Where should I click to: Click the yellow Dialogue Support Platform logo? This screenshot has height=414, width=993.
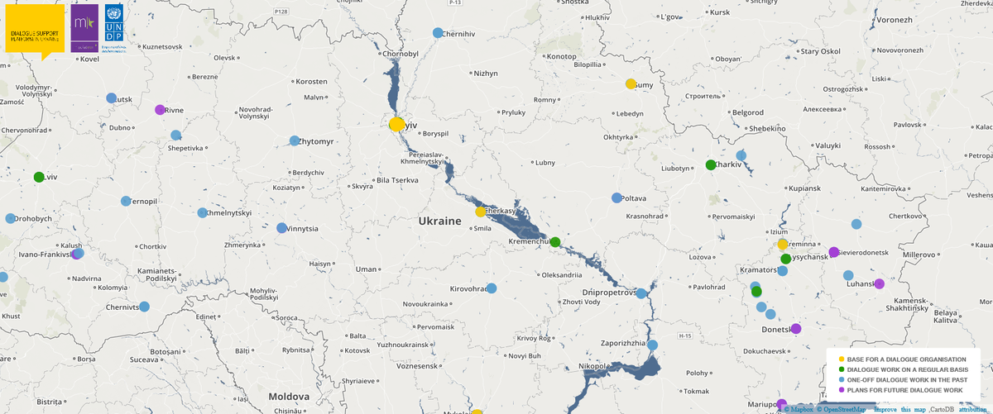tap(35, 31)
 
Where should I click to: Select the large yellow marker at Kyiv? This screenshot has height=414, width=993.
tap(396, 124)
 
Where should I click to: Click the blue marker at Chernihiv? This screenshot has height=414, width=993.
tap(439, 33)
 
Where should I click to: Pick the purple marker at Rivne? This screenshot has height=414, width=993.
tap(160, 110)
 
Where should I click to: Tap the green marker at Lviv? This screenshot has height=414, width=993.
tap(39, 177)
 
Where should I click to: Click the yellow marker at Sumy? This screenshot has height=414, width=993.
tap(631, 83)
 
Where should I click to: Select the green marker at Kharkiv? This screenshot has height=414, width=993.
tap(710, 165)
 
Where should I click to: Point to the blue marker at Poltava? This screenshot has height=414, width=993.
tap(616, 198)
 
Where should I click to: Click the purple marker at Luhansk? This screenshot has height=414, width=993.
tap(880, 283)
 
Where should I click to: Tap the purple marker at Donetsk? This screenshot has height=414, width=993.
tap(796, 328)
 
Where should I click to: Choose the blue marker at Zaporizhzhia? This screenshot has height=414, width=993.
tap(652, 345)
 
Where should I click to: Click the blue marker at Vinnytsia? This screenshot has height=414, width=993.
tap(281, 228)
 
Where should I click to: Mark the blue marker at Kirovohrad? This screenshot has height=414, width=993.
tap(492, 288)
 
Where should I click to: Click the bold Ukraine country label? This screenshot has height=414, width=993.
tap(439, 221)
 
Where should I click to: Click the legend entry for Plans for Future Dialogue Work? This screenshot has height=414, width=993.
tap(904, 389)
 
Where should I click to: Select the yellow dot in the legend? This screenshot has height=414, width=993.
tap(841, 359)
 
